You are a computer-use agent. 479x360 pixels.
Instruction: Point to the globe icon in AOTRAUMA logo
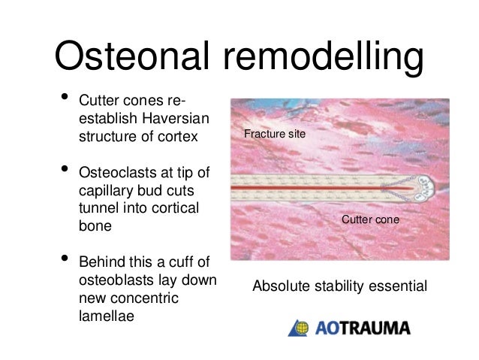coord(298,328)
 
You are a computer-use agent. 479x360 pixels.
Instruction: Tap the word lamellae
coord(104,316)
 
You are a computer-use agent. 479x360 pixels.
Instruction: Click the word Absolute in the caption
coord(279,286)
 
